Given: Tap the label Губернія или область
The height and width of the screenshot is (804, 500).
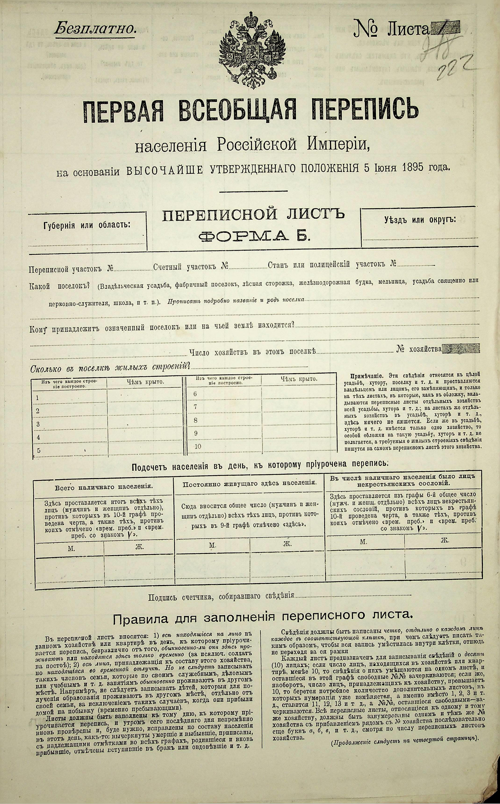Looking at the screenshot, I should tap(87, 225).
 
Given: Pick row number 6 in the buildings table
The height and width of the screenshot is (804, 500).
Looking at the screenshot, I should tap(195, 394).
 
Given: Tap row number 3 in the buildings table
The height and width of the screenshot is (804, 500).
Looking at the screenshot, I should tap(38, 424).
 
